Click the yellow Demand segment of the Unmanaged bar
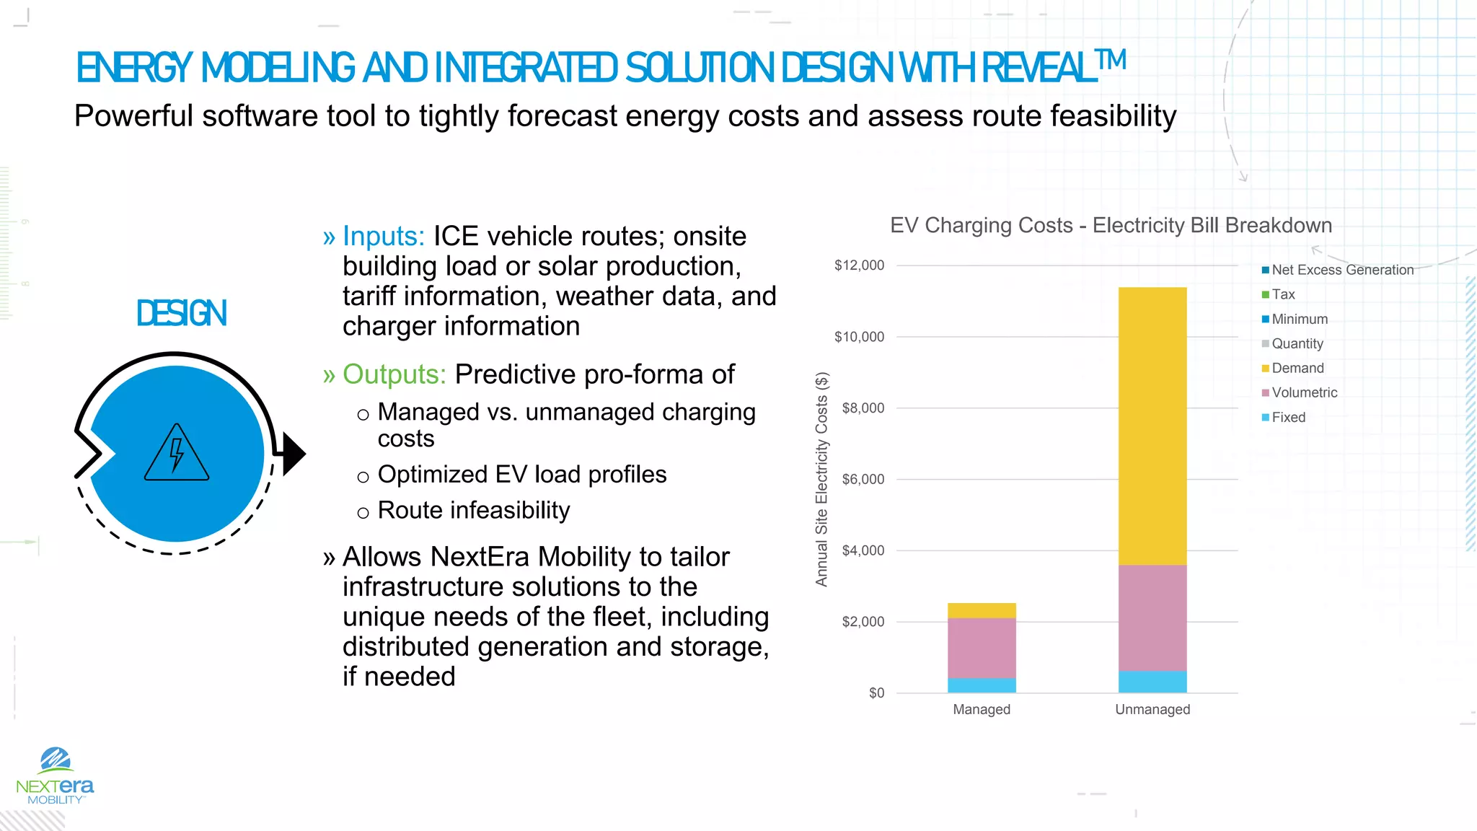(x=1152, y=426)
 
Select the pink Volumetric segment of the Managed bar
(x=981, y=648)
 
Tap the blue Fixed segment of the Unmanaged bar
(x=1152, y=682)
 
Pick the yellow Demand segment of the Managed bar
(x=981, y=610)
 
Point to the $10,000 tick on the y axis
(x=859, y=337)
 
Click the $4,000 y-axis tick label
(x=863, y=550)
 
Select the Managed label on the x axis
(x=981, y=709)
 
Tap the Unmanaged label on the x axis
(x=1152, y=709)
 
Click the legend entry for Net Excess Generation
(x=1341, y=270)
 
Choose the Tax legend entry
(x=1283, y=294)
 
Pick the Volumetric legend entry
(x=1304, y=392)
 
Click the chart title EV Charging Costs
(x=1111, y=225)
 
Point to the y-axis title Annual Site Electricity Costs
(x=821, y=479)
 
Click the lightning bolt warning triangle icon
(x=177, y=454)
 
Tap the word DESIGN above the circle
(x=182, y=313)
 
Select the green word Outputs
(x=394, y=374)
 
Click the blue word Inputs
(x=383, y=236)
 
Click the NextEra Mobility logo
(x=55, y=776)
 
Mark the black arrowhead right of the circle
(x=294, y=454)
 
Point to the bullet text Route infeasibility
(x=473, y=510)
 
